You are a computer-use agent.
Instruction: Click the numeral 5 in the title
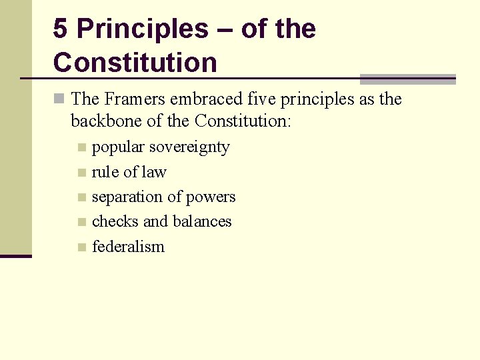click(60, 29)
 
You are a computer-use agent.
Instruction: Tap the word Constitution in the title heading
click(135, 63)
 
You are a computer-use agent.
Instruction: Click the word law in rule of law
click(154, 172)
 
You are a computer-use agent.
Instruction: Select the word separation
click(127, 197)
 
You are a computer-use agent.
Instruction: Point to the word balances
click(201, 221)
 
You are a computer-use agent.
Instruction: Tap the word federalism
click(128, 247)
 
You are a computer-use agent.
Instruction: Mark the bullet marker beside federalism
click(81, 247)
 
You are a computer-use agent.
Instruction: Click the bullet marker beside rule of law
click(81, 173)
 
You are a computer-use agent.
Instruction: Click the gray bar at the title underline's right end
click(407, 79)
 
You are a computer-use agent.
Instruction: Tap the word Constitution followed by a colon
click(243, 121)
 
